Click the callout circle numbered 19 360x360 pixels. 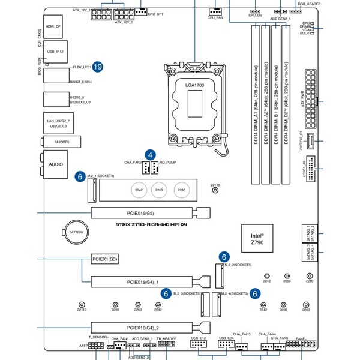(x=97, y=67)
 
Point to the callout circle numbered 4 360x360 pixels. (x=150, y=154)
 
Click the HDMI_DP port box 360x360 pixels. (x=54, y=27)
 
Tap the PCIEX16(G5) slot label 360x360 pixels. (x=141, y=213)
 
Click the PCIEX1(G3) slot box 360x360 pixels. (x=104, y=259)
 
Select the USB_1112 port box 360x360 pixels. (x=55, y=52)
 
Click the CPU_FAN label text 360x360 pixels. (x=216, y=18)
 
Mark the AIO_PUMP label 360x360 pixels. (x=167, y=162)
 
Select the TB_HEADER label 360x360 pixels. (x=166, y=339)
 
